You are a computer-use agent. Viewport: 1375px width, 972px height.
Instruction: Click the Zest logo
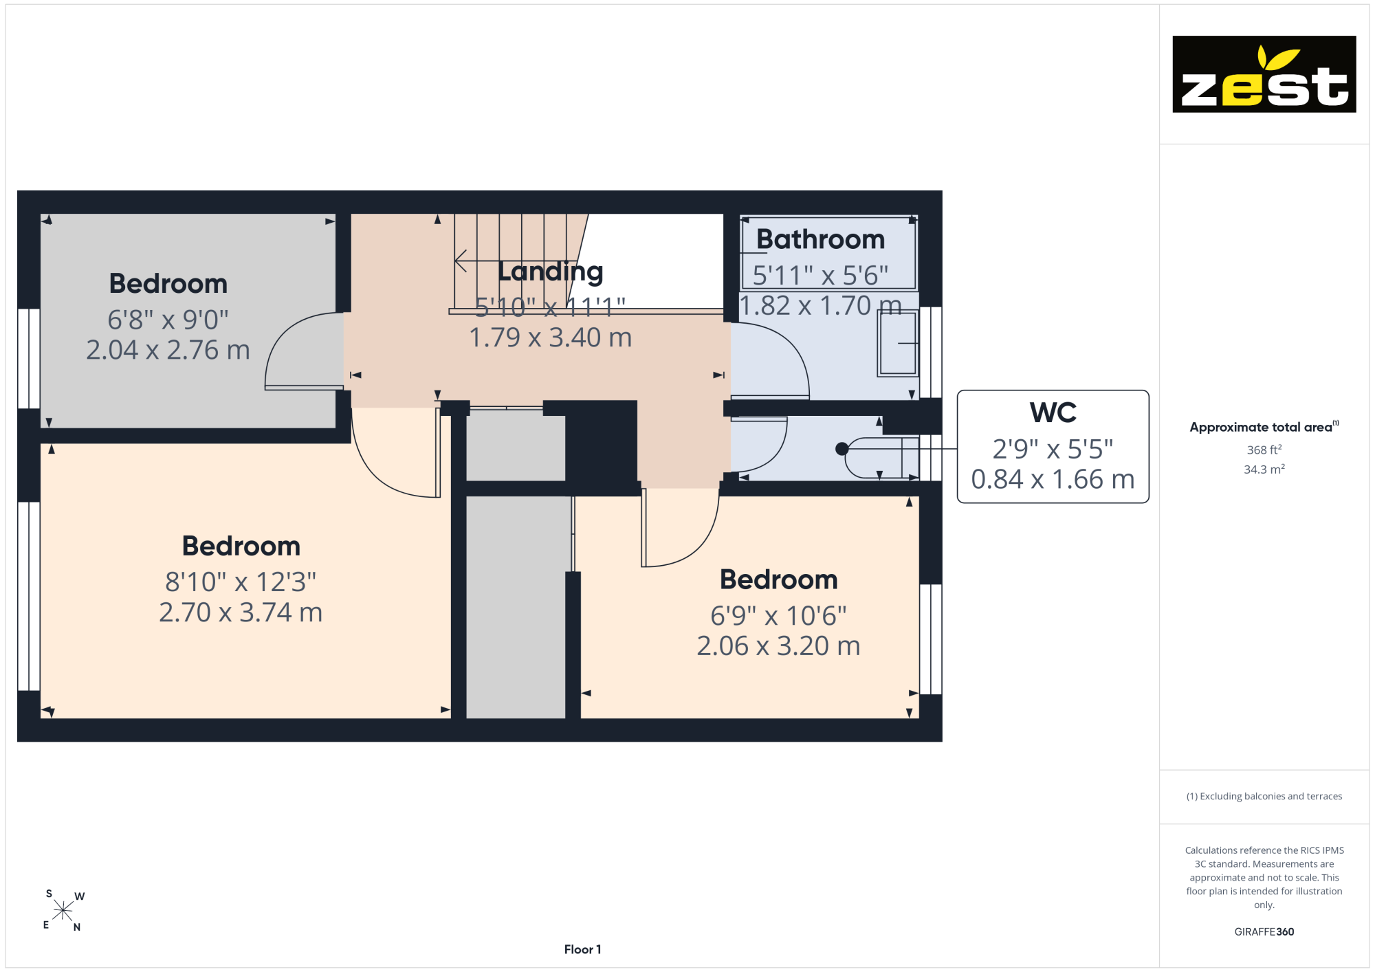tap(1264, 74)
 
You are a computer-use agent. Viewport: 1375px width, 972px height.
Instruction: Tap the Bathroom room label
tap(820, 239)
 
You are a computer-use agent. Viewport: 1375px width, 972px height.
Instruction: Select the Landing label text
tap(550, 272)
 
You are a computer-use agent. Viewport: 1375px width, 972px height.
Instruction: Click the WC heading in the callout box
tap(1053, 412)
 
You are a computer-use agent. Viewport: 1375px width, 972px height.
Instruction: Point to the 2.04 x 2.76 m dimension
tap(168, 350)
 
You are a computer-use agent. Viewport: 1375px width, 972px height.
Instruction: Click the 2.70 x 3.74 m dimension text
tap(241, 612)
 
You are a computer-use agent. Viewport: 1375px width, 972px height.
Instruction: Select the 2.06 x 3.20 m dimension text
tap(778, 646)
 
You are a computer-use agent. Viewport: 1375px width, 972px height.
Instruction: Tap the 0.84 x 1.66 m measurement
tap(1053, 479)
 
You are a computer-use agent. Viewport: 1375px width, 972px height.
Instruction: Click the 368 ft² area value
tap(1264, 450)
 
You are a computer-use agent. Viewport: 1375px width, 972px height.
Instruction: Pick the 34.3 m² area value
tap(1264, 470)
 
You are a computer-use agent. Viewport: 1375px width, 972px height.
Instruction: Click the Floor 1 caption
tap(582, 949)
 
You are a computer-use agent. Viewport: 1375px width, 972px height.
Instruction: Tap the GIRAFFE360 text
tap(1264, 932)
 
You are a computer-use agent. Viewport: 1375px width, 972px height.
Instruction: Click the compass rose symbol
tap(63, 911)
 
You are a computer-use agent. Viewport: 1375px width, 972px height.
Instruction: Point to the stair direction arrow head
tap(461, 261)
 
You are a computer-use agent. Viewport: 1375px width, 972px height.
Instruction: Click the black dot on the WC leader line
tap(841, 449)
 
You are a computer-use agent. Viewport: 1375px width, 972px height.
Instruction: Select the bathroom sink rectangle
tap(898, 343)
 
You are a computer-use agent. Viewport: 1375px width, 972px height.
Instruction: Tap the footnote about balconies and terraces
tap(1264, 796)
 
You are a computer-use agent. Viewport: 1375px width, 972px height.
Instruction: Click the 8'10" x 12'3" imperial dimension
tap(241, 582)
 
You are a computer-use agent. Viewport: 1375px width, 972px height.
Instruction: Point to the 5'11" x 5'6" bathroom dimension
tap(820, 276)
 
